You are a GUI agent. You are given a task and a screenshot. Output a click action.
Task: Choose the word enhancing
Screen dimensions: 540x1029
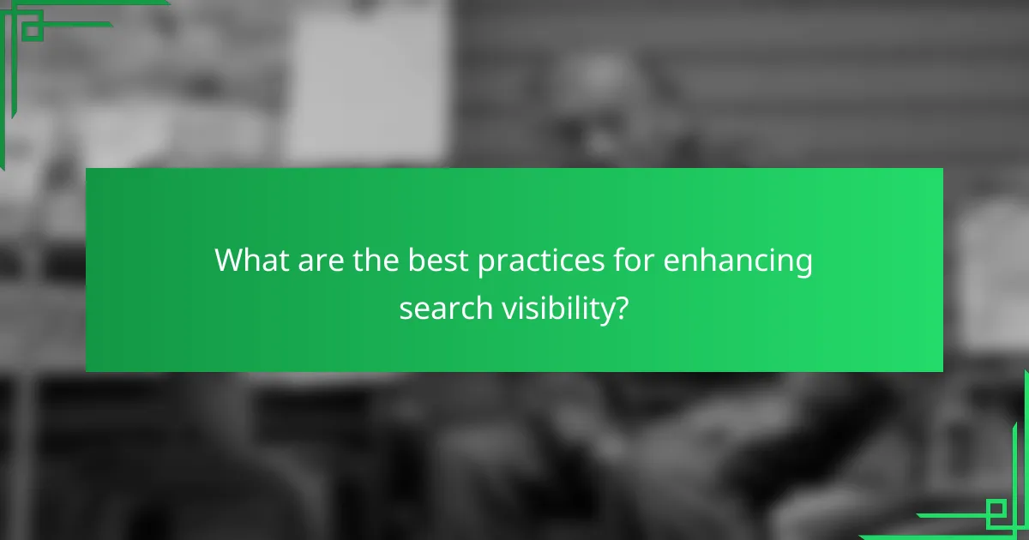coord(738,261)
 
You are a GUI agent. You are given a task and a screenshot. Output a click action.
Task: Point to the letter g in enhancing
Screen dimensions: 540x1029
coord(803,264)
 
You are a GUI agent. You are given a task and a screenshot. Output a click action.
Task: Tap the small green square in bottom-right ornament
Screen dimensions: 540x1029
coord(996,513)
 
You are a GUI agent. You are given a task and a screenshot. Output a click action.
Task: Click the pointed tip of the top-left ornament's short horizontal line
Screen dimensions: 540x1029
coord(111,24)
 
